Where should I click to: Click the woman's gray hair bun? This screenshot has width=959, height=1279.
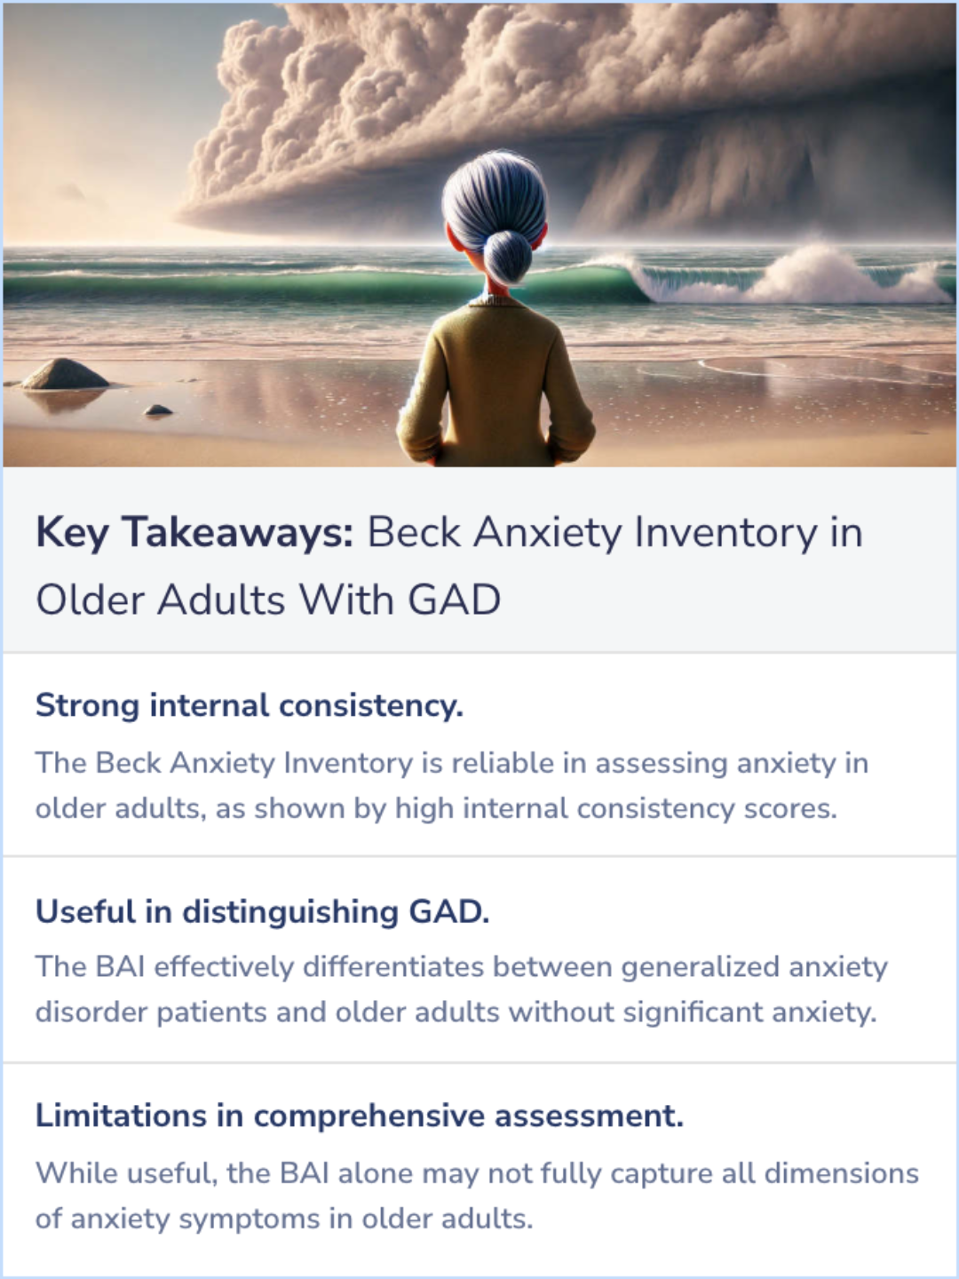coord(507,255)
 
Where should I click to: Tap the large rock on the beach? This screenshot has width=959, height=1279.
coord(65,375)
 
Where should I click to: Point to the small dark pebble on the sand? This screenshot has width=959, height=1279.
coord(158,409)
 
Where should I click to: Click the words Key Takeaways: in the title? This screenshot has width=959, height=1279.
coord(194,533)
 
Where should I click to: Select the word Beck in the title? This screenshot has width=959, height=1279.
coord(414,533)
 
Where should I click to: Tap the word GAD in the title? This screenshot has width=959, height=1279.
coord(454,600)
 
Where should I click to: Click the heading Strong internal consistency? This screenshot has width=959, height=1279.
coord(249,705)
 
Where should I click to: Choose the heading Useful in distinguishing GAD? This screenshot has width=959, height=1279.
coord(262,911)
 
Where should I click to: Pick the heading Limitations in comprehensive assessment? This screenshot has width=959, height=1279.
coord(359,1116)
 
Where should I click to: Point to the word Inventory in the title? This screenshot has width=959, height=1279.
coord(725,533)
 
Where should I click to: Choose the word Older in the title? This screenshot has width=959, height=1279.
coord(90,600)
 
